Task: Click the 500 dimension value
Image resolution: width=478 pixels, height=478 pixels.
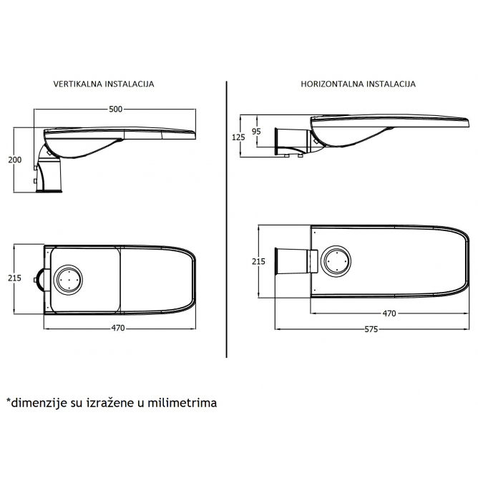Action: coord(115,109)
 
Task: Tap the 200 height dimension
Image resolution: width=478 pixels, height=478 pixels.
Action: coord(14,160)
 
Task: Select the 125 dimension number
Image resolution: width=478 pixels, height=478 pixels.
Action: coord(238,137)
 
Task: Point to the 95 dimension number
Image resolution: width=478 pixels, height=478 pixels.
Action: coord(256,132)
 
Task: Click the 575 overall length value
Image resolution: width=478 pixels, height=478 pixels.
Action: coord(371,330)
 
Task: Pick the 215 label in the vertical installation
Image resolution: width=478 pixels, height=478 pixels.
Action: coord(14,278)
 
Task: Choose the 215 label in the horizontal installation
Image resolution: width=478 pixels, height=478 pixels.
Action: coord(258,262)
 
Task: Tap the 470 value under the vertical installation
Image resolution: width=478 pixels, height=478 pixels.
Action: coord(118,328)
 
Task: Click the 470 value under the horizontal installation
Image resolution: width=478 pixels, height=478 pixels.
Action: coord(389,313)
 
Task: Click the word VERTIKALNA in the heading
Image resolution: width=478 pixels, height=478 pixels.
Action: coord(78,84)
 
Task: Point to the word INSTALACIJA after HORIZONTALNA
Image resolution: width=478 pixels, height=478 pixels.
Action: coord(391,84)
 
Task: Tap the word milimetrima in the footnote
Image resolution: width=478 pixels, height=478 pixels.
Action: coord(182,403)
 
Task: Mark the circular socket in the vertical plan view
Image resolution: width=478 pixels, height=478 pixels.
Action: coord(68,279)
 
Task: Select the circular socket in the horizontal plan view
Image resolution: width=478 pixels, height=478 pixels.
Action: coord(336,261)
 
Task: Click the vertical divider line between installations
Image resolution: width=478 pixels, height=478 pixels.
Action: coord(227,219)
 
